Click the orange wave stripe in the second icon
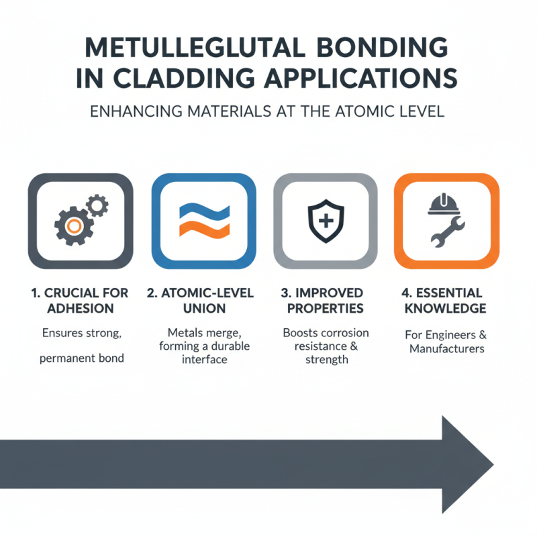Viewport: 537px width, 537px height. (x=204, y=229)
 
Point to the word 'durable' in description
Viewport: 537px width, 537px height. (x=228, y=346)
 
